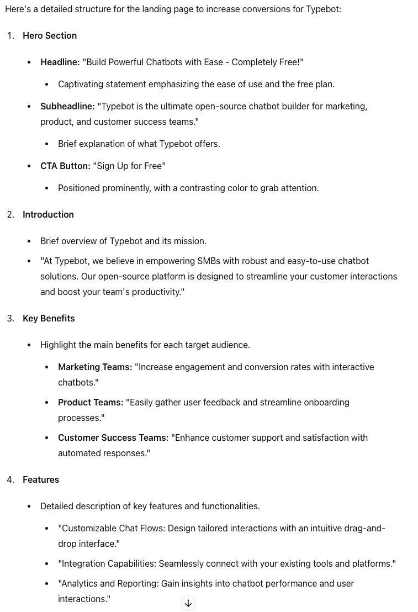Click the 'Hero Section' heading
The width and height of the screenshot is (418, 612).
pyautogui.click(x=50, y=35)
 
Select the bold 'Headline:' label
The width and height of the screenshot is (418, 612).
pyautogui.click(x=60, y=62)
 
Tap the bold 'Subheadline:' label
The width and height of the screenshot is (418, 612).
pyautogui.click(x=67, y=106)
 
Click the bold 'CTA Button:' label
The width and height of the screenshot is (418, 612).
pyautogui.click(x=65, y=166)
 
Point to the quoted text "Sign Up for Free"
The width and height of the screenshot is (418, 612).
pyautogui.click(x=129, y=166)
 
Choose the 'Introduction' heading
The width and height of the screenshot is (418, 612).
pyautogui.click(x=48, y=214)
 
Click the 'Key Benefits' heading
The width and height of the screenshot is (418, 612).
pyautogui.click(x=49, y=318)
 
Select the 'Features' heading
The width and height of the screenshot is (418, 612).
pyautogui.click(x=41, y=479)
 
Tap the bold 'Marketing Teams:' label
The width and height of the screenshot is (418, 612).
pyautogui.click(x=95, y=367)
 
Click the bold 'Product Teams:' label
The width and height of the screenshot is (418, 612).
pyautogui.click(x=91, y=402)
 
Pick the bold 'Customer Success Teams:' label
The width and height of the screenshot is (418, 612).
pyautogui.click(x=113, y=437)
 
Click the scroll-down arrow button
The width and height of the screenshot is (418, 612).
pyautogui.click(x=188, y=603)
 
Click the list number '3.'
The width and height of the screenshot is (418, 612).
pyautogui.click(x=10, y=318)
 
